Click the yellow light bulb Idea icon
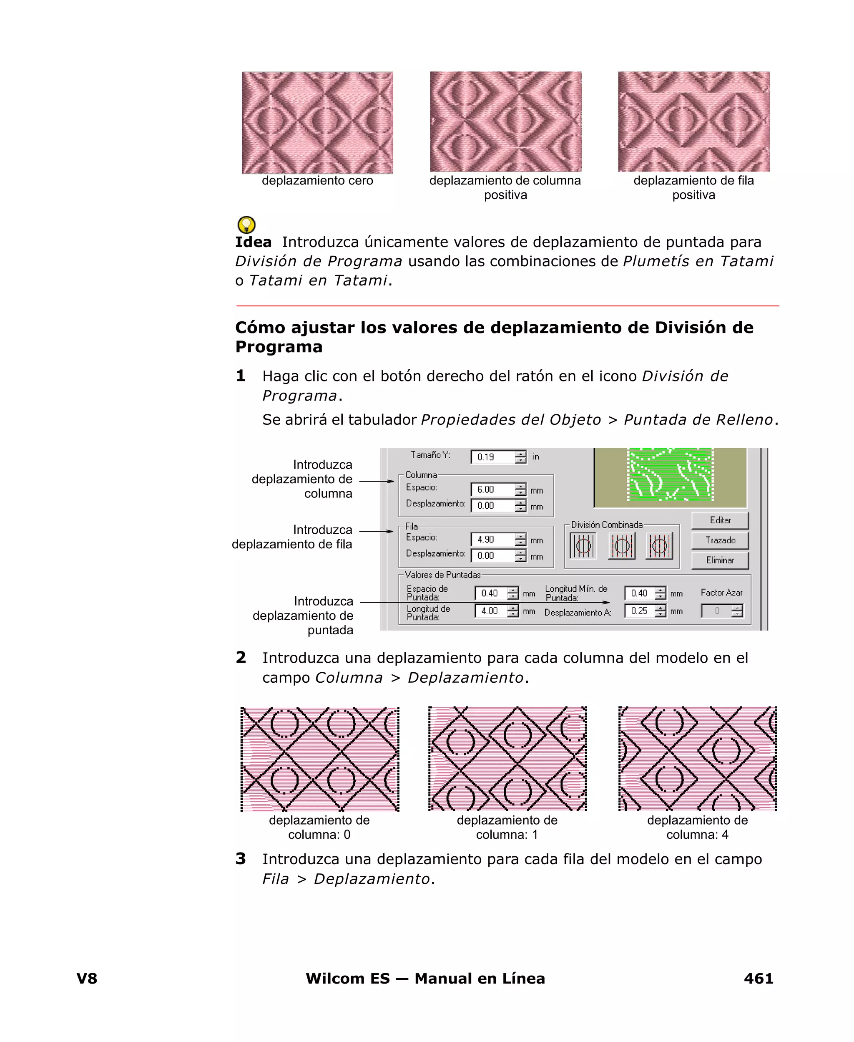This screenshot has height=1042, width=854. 246,225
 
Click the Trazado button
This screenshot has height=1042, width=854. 720,540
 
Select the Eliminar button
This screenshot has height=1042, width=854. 720,560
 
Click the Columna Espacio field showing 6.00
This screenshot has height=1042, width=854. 492,489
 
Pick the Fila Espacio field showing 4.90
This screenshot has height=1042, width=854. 492,540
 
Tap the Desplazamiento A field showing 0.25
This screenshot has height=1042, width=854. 640,611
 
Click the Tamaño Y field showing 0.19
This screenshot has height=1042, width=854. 492,457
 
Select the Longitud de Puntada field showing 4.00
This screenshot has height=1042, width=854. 490,611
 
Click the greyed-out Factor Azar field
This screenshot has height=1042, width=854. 717,611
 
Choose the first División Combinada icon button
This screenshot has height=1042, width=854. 583,545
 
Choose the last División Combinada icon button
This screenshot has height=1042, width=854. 659,545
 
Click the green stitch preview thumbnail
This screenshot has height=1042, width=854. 670,474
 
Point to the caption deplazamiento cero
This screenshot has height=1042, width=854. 317,181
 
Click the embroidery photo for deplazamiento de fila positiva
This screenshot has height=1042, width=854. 693,121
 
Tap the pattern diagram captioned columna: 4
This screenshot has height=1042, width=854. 697,759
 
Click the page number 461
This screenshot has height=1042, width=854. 758,978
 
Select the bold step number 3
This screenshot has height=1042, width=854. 241,858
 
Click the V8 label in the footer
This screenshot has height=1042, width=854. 87,978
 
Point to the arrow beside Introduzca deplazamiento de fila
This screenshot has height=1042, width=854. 376,531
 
